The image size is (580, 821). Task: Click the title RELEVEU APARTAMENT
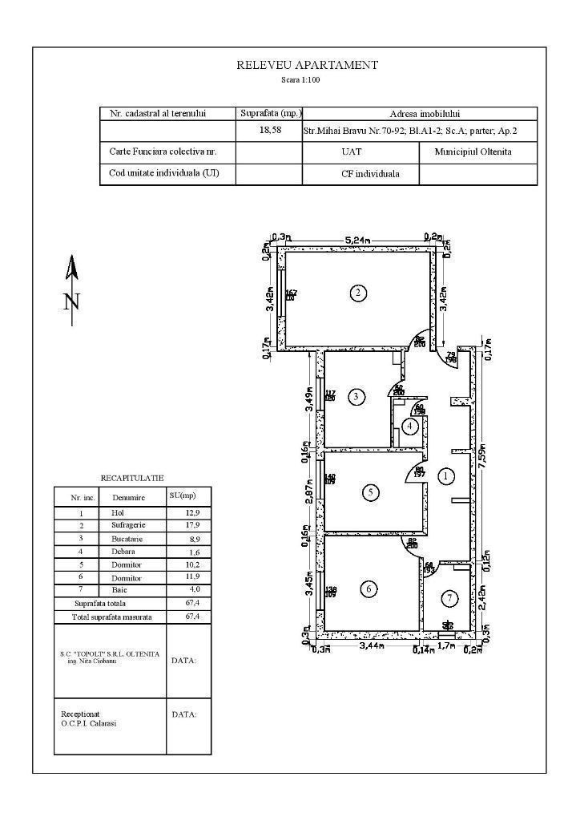[307, 66]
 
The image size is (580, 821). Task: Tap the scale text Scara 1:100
[300, 80]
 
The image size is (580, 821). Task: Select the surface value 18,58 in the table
[270, 131]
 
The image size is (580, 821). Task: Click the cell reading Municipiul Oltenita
[473, 152]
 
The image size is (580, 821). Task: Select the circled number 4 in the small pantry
[410, 426]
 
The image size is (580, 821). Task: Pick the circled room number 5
[370, 492]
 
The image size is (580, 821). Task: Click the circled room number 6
[369, 589]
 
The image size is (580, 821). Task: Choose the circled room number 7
[451, 598]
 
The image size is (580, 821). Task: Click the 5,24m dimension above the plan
[356, 240]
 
